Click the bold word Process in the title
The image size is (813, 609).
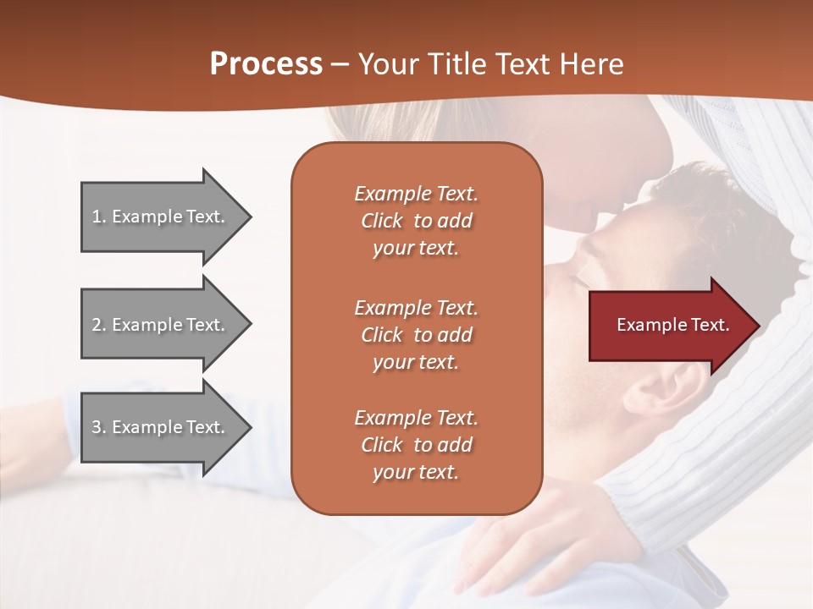click(x=266, y=64)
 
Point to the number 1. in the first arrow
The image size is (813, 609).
click(x=99, y=217)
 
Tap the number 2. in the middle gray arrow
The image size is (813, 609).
click(x=99, y=325)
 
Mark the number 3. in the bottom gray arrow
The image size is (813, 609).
click(x=99, y=427)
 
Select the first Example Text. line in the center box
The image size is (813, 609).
click(x=416, y=194)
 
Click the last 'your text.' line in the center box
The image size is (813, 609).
click(x=416, y=473)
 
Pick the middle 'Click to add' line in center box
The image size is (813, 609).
click(x=416, y=335)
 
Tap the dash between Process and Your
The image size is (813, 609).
click(x=340, y=65)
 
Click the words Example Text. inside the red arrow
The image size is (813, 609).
click(x=673, y=325)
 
